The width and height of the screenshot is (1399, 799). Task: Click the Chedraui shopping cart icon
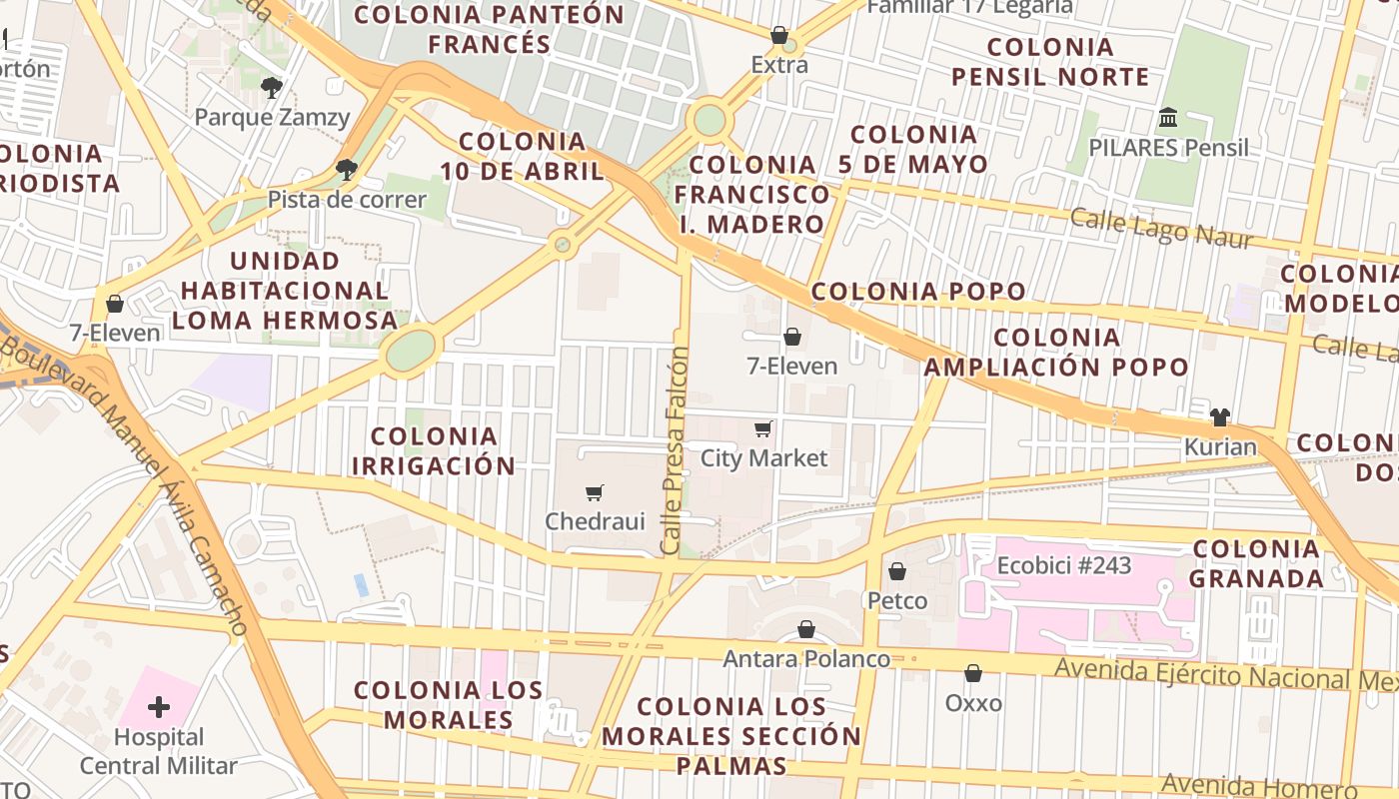coord(595,492)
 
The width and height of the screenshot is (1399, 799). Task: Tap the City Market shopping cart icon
coord(763,429)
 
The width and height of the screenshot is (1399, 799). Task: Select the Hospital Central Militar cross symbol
coord(158,708)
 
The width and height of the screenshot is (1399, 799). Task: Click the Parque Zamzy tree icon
coord(271,88)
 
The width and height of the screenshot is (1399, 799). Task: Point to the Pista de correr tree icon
coord(346,170)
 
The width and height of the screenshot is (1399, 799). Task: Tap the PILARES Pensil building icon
coord(1167,119)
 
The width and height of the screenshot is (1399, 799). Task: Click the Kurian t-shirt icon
coord(1219,417)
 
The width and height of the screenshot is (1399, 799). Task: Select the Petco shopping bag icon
coord(897,571)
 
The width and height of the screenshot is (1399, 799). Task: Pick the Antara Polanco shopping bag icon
coord(806,630)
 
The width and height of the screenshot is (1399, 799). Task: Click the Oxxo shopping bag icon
coord(973,674)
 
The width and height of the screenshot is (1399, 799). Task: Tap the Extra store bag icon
coord(779,36)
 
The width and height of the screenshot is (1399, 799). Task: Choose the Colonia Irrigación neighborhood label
coord(434,450)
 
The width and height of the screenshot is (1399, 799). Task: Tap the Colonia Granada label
coord(1257,563)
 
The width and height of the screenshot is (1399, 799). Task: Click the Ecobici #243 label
coord(1064,566)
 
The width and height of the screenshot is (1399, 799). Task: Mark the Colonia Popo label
coord(918,292)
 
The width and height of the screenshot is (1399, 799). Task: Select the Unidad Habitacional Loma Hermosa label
coord(285,291)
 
